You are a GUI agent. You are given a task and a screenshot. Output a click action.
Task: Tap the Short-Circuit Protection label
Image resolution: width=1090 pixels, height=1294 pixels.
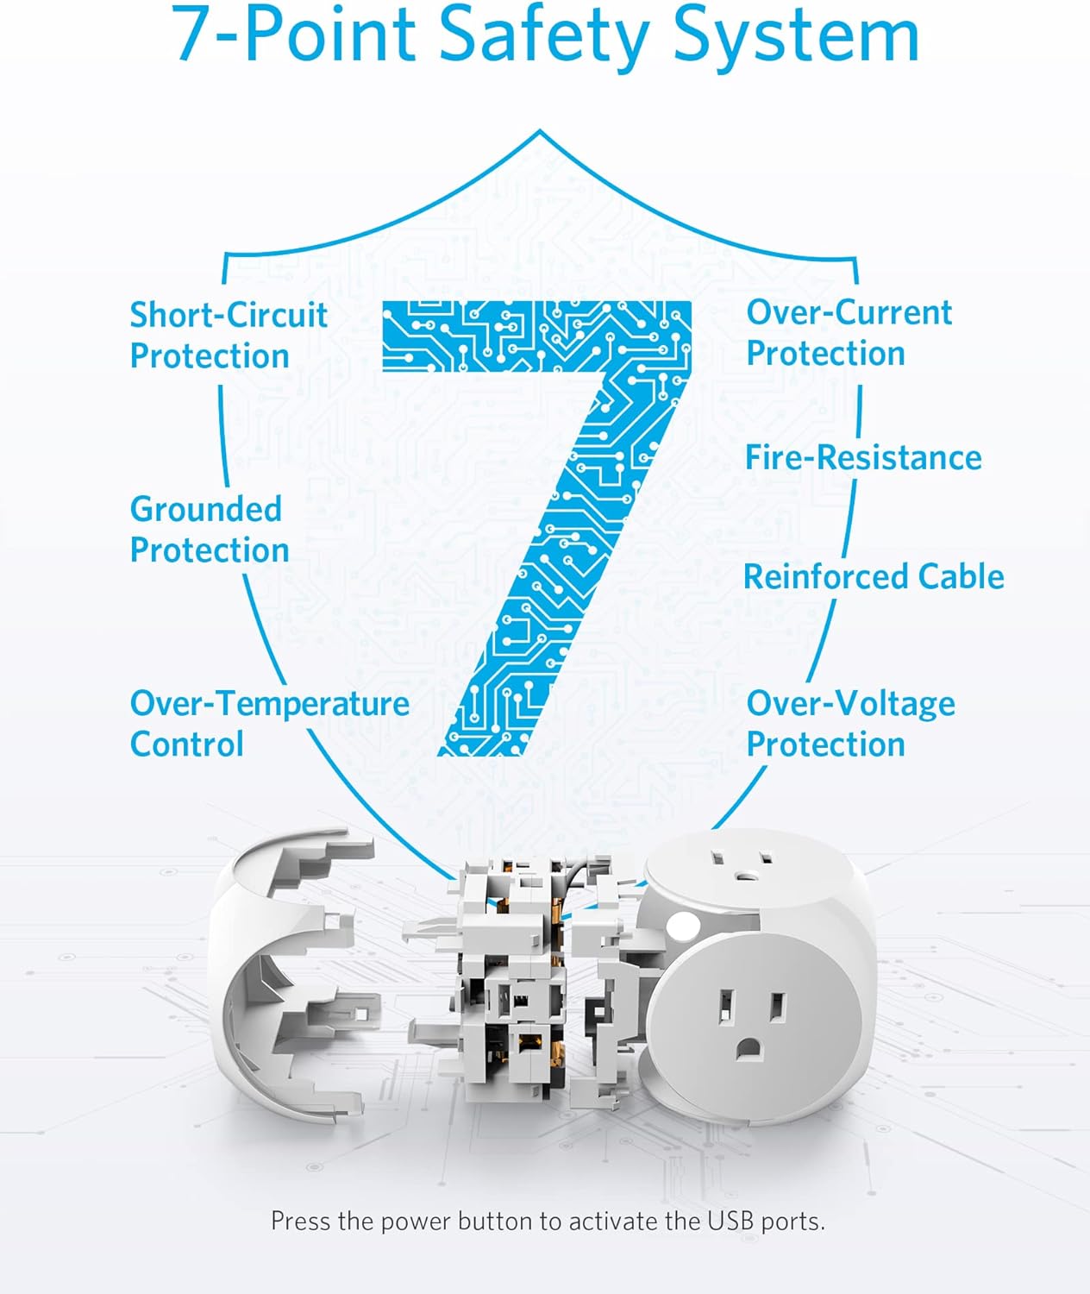[x=228, y=335]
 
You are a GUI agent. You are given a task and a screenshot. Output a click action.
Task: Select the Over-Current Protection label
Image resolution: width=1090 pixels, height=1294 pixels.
[x=849, y=332]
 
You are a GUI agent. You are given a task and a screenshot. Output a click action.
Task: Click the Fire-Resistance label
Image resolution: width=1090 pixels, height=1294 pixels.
[x=863, y=457]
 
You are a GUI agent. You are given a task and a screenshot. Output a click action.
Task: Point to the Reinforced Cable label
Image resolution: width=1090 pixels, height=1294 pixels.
[x=874, y=576]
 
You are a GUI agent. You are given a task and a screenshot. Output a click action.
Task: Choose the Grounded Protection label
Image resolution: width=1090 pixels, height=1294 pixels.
[x=209, y=529]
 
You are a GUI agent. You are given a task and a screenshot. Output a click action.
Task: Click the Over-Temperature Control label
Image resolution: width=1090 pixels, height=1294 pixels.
[x=269, y=723]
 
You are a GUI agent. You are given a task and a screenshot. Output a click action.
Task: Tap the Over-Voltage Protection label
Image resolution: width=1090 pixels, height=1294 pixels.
[x=850, y=723]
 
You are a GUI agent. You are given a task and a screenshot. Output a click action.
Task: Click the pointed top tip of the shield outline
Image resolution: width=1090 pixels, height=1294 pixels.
[x=540, y=132]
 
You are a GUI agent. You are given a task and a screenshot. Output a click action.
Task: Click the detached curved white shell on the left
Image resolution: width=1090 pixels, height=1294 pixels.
[x=276, y=975]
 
